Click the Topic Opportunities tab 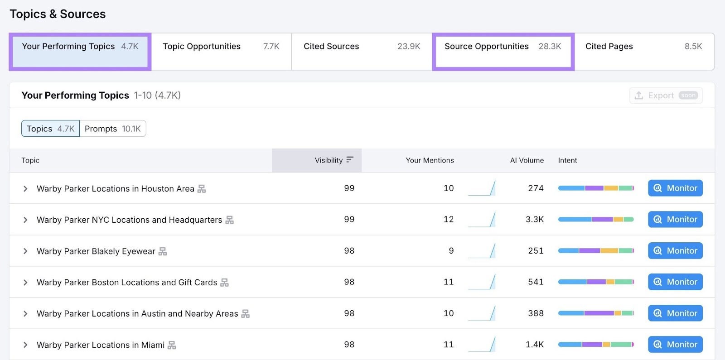(x=221, y=47)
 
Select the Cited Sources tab (x=361, y=47)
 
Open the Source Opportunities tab (x=503, y=47)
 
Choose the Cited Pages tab (x=643, y=47)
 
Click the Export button (x=666, y=96)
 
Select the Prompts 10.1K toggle (x=112, y=129)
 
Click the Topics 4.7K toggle (x=50, y=129)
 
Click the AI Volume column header (x=527, y=160)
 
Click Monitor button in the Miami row (x=675, y=345)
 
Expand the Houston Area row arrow (x=25, y=189)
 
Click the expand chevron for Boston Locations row (x=25, y=283)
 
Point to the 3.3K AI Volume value (x=535, y=220)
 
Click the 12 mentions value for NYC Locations (x=448, y=220)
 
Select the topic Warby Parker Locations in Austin (x=137, y=314)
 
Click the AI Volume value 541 (x=536, y=282)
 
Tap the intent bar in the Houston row (x=595, y=188)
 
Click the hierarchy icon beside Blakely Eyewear (x=163, y=251)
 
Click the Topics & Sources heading (x=58, y=14)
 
